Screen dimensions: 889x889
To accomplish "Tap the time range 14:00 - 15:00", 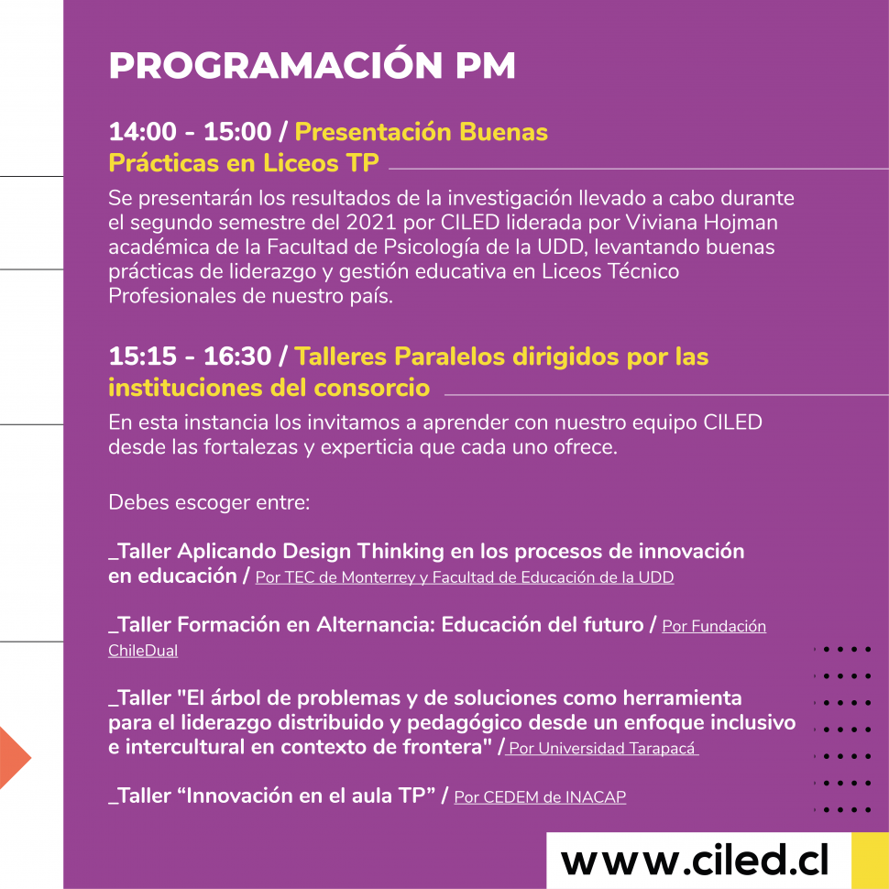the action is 190,132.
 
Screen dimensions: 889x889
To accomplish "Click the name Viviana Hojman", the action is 701,222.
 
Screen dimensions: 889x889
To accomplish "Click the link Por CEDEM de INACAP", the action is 540,796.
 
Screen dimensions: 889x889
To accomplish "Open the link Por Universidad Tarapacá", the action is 601,748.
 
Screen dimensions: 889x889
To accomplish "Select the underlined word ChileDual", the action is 143,651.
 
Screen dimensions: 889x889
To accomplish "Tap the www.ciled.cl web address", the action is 695,860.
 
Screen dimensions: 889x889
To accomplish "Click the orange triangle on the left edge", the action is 14,757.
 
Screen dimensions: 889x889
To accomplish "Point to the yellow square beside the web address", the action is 870,860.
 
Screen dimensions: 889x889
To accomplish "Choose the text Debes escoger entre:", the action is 209,502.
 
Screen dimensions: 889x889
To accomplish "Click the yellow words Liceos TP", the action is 321,163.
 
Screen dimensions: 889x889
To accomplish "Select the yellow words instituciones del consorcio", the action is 269,388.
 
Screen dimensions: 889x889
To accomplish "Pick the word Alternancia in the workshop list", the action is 376,624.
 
